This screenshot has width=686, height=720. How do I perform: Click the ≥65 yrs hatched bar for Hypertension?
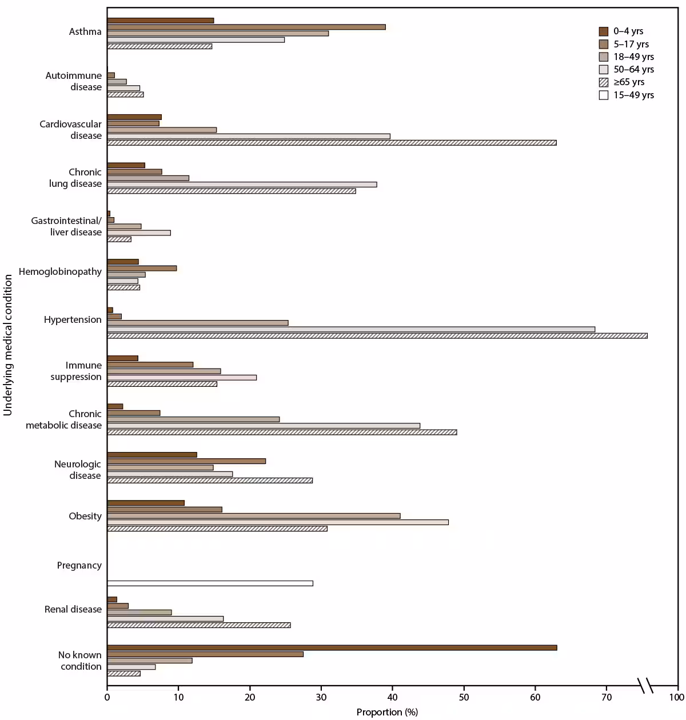click(x=377, y=336)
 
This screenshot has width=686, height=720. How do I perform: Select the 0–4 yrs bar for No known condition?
click(x=332, y=647)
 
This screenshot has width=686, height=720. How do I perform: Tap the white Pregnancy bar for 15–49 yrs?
click(x=210, y=583)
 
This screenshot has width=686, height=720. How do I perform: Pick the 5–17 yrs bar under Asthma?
click(x=246, y=27)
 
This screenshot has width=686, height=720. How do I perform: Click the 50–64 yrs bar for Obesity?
click(x=277, y=522)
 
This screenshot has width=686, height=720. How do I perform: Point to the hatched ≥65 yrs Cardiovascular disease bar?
click(x=332, y=143)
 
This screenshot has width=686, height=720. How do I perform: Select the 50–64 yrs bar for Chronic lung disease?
click(x=242, y=185)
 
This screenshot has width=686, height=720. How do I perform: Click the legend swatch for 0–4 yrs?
click(x=603, y=31)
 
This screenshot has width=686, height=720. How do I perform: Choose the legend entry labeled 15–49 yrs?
click(x=633, y=95)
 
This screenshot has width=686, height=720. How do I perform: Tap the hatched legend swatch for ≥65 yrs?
click(x=603, y=82)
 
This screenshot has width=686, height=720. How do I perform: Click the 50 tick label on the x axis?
click(x=464, y=697)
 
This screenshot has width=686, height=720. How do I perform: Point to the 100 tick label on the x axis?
click(x=677, y=697)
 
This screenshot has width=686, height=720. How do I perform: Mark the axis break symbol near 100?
click(x=645, y=685)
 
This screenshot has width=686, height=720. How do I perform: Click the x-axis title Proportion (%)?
click(x=387, y=712)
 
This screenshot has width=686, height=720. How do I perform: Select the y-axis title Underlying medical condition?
click(x=8, y=345)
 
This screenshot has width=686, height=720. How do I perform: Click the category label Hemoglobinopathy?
click(x=60, y=272)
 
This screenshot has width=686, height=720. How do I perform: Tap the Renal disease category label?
click(x=73, y=610)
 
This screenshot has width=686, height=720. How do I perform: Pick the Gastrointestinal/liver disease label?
click(x=66, y=226)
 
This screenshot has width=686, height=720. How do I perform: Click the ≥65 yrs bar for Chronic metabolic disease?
click(x=282, y=433)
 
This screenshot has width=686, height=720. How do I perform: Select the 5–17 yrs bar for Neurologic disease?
click(x=186, y=461)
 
